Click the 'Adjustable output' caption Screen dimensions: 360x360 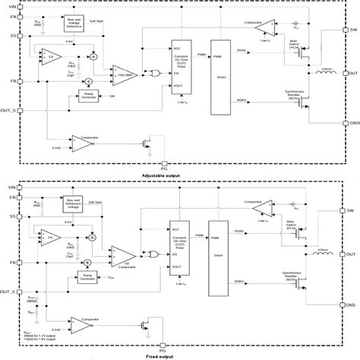click(x=180, y=175)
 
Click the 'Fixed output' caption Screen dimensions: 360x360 click(x=180, y=353)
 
